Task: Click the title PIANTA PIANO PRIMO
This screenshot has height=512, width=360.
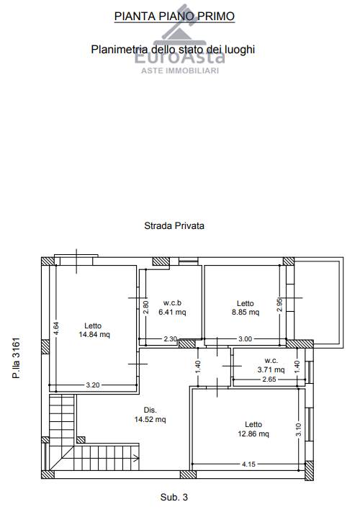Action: (174, 16)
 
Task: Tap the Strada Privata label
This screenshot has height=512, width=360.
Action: (174, 225)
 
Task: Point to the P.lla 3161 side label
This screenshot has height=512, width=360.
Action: (16, 358)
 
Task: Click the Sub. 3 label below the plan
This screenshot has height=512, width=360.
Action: (174, 498)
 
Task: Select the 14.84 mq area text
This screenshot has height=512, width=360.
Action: (94, 334)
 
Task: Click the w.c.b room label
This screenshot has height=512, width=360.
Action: (172, 302)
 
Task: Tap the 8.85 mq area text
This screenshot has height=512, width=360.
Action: (246, 312)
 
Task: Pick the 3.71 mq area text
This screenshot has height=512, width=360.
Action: (271, 369)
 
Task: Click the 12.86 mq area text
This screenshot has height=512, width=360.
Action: (253, 434)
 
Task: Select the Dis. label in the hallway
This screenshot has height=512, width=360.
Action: (150, 410)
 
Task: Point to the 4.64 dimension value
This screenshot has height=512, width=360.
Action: (56, 328)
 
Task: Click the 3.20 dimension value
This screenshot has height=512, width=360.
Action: (93, 385)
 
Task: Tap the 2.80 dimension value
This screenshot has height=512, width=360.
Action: (146, 307)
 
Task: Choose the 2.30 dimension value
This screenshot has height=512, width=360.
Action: (171, 339)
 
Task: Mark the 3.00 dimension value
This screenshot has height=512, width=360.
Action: (245, 339)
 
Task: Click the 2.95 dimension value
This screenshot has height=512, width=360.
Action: (279, 305)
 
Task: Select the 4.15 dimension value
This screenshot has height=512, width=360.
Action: (248, 464)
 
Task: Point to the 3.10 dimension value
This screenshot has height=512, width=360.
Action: (299, 429)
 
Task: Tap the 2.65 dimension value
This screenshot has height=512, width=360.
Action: (269, 379)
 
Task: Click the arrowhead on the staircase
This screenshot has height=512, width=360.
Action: (136, 458)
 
